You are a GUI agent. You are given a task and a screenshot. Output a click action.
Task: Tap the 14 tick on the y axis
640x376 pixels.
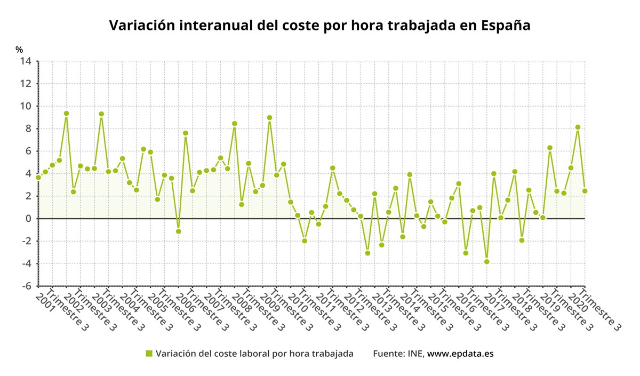click(x=26, y=61)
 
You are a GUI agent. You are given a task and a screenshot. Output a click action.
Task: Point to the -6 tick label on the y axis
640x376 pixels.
click(x=26, y=286)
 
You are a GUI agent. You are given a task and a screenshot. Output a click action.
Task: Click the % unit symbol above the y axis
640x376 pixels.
click(x=19, y=50)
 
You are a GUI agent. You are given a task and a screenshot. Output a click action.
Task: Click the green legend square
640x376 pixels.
click(x=149, y=354)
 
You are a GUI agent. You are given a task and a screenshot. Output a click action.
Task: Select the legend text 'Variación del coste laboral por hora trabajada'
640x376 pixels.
click(x=254, y=354)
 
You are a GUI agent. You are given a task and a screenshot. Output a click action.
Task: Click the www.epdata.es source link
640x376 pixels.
click(x=460, y=354)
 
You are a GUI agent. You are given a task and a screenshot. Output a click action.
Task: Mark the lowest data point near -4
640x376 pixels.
click(x=487, y=261)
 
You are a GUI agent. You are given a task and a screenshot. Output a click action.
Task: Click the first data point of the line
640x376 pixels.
click(x=38, y=177)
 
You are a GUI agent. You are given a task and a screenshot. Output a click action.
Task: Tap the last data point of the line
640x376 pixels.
click(x=585, y=191)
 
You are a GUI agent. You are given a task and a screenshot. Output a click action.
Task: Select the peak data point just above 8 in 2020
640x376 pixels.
click(x=578, y=127)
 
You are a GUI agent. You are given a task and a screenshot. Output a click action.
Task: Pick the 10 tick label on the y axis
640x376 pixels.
click(x=26, y=106)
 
